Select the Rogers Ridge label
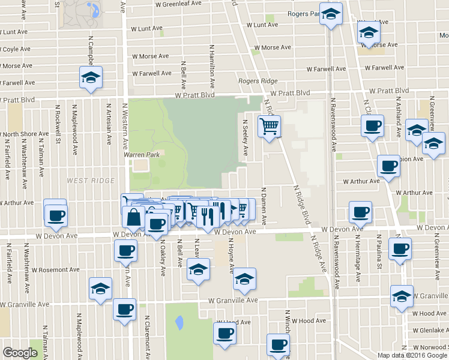point(258,81)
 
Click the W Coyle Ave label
point(14,49)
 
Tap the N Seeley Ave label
point(245,138)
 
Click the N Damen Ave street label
point(264,206)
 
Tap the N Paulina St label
point(379,259)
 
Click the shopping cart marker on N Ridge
point(270,126)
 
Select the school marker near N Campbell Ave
point(91,78)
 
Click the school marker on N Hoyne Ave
point(244,279)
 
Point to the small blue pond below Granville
point(179,322)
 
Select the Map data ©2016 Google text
point(412,355)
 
